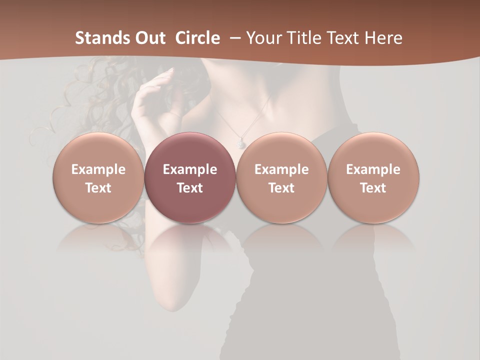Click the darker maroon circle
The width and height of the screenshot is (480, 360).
tap(190, 178)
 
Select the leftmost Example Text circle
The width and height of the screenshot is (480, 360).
tap(98, 178)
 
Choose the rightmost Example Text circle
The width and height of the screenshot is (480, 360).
tap(373, 178)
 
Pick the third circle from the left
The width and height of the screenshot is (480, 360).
tap(281, 178)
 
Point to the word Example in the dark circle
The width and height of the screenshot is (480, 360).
tap(190, 169)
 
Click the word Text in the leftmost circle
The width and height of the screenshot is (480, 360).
tap(98, 188)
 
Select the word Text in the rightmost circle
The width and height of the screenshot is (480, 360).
tap(373, 188)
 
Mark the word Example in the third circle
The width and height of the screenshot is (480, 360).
tap(281, 169)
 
